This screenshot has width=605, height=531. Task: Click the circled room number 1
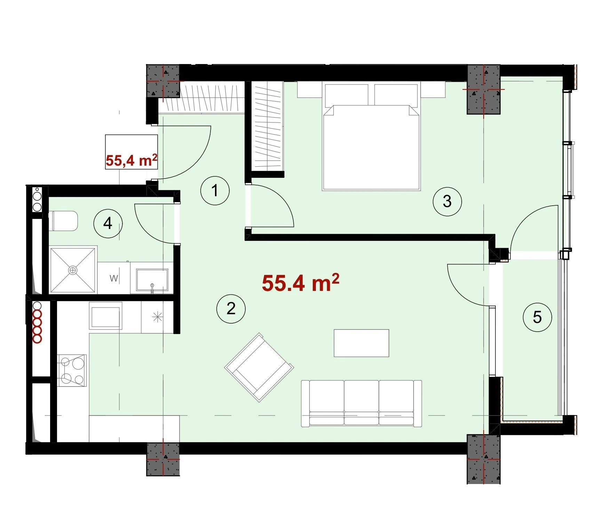click(215, 191)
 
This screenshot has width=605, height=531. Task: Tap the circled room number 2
click(231, 309)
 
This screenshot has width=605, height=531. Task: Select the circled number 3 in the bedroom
click(447, 201)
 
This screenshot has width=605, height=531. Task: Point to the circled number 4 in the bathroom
click(108, 223)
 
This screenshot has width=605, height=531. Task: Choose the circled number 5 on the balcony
click(538, 317)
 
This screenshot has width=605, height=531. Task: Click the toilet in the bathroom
click(63, 221)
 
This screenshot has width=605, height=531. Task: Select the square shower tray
click(73, 270)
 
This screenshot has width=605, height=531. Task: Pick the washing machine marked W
click(114, 278)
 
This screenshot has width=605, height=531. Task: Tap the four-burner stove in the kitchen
click(72, 370)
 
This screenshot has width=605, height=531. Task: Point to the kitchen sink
click(106, 315)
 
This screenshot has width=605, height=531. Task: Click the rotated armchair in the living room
click(259, 367)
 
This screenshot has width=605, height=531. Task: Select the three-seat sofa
click(361, 403)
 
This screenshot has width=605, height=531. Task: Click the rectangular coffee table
click(361, 343)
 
